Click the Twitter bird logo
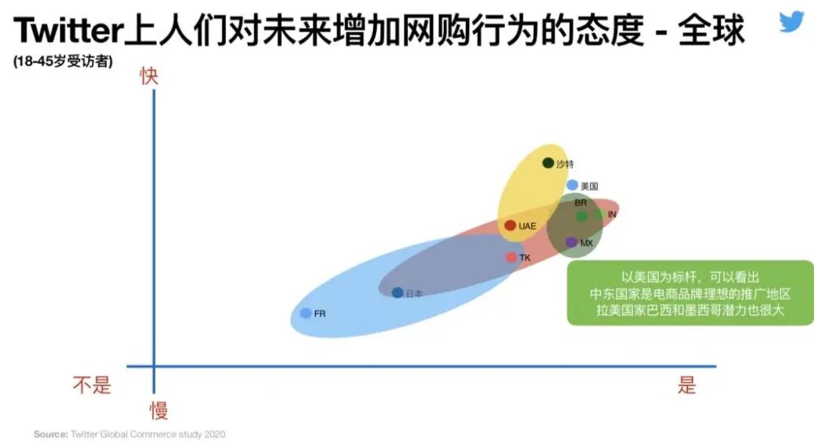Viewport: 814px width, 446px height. click(x=792, y=21)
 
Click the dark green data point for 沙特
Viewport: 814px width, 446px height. click(x=548, y=163)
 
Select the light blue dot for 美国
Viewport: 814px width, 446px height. click(x=573, y=185)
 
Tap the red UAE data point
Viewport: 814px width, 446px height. click(x=510, y=225)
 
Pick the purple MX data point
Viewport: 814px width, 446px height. click(x=571, y=242)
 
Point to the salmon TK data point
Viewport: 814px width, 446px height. click(x=511, y=258)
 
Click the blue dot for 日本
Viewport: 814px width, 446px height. click(x=397, y=292)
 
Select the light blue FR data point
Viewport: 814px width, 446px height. click(x=305, y=313)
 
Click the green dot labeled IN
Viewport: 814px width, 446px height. click(x=582, y=216)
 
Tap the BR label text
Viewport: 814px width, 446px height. click(x=580, y=203)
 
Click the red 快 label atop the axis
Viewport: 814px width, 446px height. click(x=149, y=76)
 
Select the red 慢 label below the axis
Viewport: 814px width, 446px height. click(x=158, y=411)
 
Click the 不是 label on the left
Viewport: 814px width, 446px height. click(x=92, y=385)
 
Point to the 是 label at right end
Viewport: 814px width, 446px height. click(x=687, y=385)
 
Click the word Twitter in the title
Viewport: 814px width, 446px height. click(x=68, y=32)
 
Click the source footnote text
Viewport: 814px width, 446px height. click(x=129, y=434)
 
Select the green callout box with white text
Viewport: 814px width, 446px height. click(x=690, y=293)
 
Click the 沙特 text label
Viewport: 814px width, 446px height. click(x=565, y=164)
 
